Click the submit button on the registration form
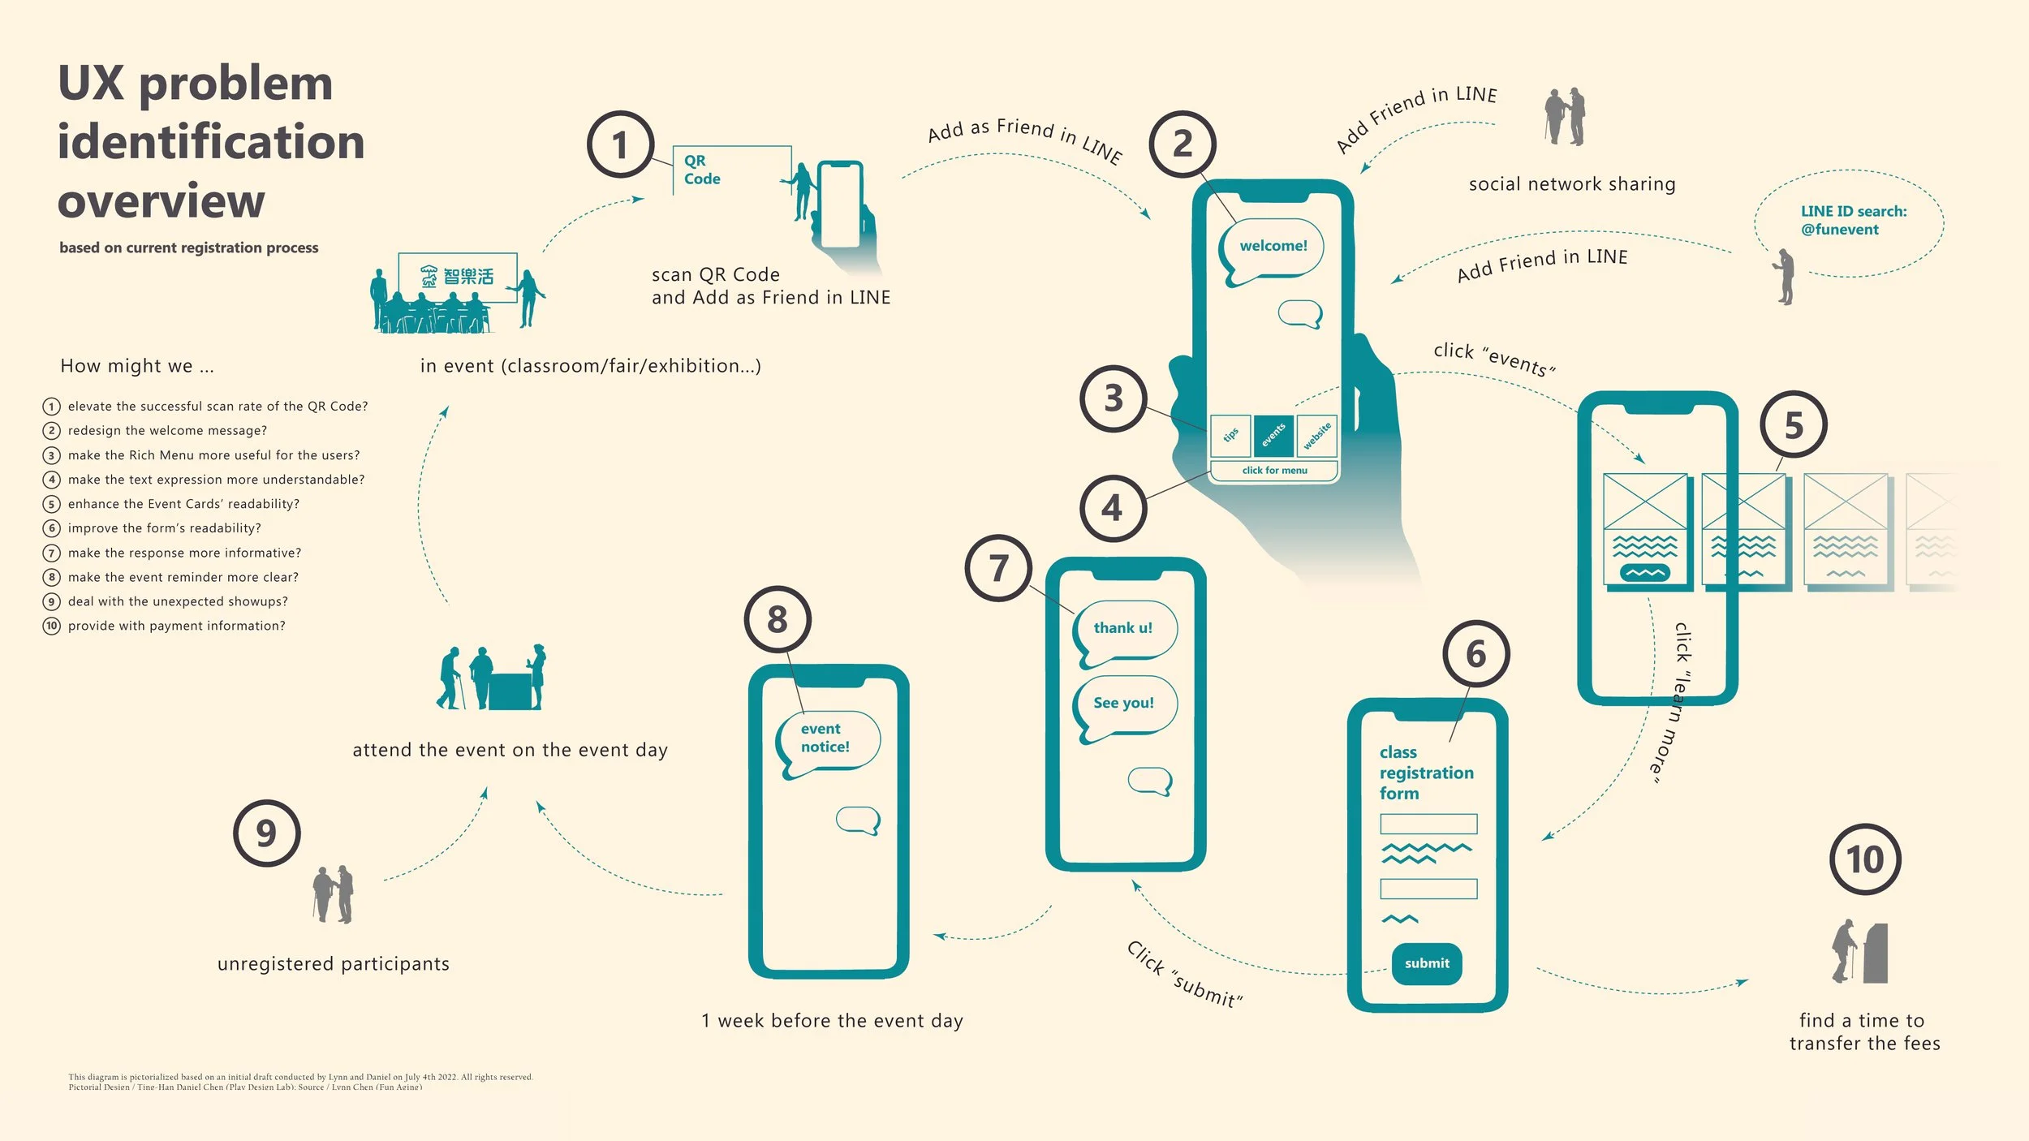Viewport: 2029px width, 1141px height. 1426,963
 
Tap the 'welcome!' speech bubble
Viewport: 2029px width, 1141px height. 1273,247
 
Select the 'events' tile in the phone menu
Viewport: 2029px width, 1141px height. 1273,435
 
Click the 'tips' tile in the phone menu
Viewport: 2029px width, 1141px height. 1230,435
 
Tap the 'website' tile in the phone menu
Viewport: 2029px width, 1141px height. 1316,435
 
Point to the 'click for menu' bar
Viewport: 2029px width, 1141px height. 1274,471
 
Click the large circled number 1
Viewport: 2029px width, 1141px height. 620,145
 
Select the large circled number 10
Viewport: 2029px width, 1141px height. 1865,860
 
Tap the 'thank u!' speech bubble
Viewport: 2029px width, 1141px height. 1124,629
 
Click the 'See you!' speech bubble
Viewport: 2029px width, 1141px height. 1124,704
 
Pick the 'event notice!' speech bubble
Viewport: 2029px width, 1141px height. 826,738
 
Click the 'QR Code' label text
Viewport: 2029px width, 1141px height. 701,170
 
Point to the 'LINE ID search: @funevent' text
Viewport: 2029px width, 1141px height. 1853,221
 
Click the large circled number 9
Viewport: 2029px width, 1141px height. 266,833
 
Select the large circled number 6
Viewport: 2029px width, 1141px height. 1475,654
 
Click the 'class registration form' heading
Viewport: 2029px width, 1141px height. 1426,773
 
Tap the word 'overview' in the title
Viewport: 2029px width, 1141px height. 162,200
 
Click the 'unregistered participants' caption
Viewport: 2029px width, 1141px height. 333,964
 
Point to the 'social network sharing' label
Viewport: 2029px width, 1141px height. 1571,185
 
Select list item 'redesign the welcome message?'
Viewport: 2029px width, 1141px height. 167,431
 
